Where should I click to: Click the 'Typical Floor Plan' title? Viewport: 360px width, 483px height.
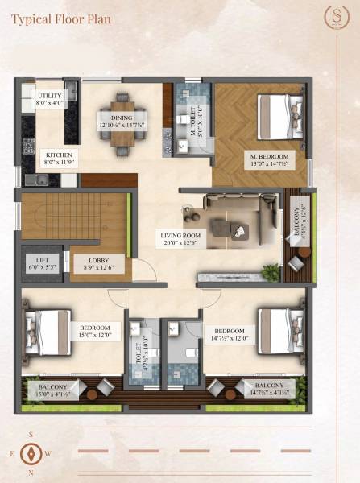point(61,17)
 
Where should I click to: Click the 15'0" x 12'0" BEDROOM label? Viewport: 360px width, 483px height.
point(94,331)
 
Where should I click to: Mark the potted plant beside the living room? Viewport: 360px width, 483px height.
point(271,272)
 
